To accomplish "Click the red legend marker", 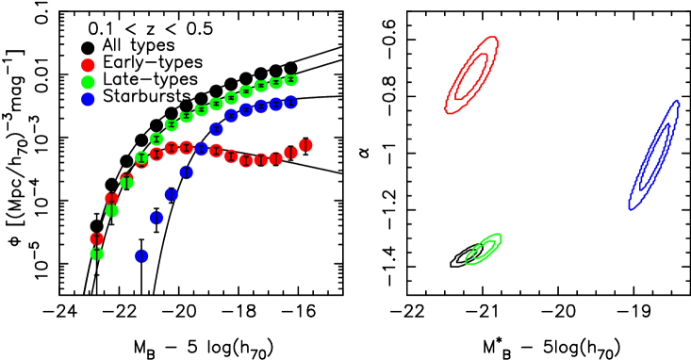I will (88, 65).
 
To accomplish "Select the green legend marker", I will (88, 82).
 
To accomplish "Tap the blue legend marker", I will (88, 99).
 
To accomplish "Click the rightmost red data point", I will (305, 145).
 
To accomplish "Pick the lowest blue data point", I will (141, 255).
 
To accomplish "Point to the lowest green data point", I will (96, 254).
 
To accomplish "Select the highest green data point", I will (290, 80).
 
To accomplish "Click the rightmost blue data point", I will (290, 102).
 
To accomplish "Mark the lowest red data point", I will (96, 238).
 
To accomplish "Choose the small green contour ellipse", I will (483, 249).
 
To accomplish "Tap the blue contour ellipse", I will (654, 155).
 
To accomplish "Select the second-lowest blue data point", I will (156, 218).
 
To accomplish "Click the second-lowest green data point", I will (111, 211).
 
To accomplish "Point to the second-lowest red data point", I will (111, 198).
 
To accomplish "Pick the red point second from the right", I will (290, 153).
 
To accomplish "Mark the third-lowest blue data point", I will (172, 194).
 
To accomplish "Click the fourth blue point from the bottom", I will (187, 172).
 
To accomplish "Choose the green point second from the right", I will (275, 83).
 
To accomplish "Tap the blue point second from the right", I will (275, 104).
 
